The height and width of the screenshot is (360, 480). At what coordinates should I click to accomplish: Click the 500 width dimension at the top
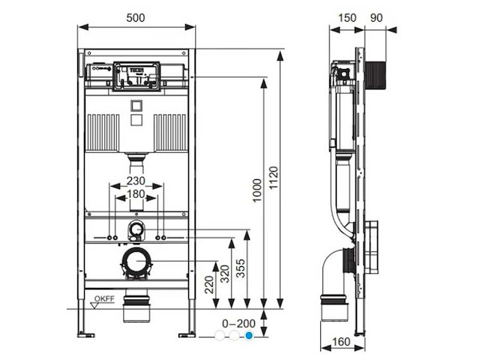tap(136, 16)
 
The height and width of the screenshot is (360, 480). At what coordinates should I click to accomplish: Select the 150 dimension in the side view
tap(346, 16)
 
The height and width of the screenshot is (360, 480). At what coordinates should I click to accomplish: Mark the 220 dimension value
tap(208, 283)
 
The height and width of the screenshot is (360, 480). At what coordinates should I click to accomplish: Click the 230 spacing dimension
tap(135, 181)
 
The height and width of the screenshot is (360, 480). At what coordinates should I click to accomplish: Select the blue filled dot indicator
tap(250, 336)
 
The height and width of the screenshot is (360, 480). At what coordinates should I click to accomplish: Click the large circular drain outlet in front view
tap(136, 262)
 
